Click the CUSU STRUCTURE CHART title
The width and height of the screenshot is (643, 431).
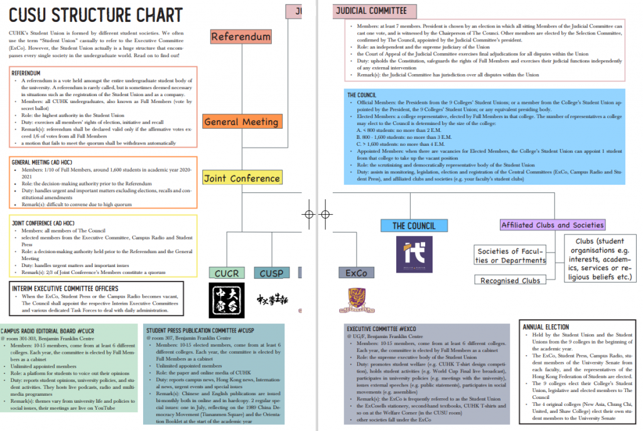pos(96,14)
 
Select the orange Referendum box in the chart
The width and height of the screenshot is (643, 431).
pos(240,36)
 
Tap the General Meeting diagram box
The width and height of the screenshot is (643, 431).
pos(242,121)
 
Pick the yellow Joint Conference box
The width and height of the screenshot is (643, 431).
pos(242,178)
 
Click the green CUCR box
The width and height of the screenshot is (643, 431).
pos(227,273)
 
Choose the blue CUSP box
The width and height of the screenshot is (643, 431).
pos(271,273)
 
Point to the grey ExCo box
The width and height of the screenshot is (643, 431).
pos(356,273)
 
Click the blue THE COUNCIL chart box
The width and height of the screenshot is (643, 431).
pos(414,226)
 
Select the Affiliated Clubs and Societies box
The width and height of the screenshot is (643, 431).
pos(553,225)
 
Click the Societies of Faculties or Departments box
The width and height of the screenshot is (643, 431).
pos(510,256)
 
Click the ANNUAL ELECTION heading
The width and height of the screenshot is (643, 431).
pos(545,327)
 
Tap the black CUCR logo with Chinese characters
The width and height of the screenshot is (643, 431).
pos(226,300)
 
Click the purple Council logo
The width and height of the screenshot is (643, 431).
pos(414,254)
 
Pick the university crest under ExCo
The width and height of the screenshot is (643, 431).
pos(357,300)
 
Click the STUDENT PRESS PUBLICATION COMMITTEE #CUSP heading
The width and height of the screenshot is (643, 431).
pos(200,330)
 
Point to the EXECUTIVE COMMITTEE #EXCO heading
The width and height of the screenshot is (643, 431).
pos(381,329)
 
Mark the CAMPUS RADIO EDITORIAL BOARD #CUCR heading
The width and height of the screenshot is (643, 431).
pos(48,330)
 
